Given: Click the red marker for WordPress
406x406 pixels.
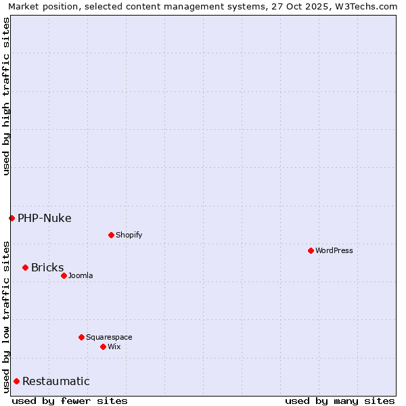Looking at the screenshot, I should click(311, 250).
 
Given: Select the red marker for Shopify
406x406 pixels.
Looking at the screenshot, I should click(111, 235).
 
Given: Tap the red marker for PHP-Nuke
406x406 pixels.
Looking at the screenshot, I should click(12, 218).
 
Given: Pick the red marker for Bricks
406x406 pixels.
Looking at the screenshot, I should click(25, 267).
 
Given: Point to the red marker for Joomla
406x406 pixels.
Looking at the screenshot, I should click(64, 275).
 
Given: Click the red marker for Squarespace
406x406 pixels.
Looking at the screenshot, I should click(81, 337).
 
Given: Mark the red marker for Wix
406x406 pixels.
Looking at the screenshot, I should click(103, 346).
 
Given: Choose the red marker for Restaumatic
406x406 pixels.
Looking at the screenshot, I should click(16, 381).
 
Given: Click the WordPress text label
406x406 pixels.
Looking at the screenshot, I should click(334, 250).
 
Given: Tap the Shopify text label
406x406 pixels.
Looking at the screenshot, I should click(129, 235).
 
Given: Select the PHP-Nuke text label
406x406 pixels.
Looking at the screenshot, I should click(45, 218).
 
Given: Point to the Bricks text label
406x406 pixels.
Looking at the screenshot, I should click(47, 267).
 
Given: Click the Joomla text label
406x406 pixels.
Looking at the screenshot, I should click(81, 275).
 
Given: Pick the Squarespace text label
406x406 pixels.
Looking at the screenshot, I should click(109, 337).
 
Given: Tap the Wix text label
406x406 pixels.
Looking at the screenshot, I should click(114, 346).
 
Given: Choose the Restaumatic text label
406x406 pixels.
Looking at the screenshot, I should click(56, 381).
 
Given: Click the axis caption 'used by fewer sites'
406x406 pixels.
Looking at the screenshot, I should click(70, 401).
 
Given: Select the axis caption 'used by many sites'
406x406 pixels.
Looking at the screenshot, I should click(340, 401).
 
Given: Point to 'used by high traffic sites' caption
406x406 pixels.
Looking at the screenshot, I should click(6, 96).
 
